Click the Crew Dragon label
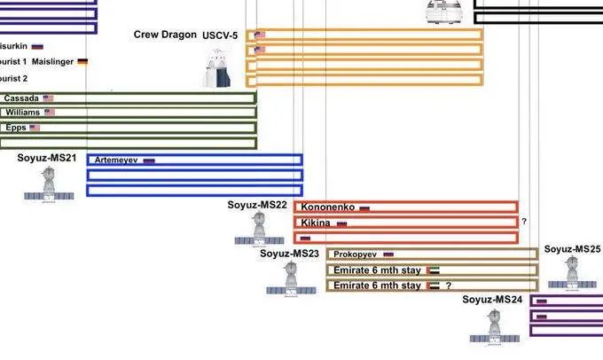click(x=165, y=35)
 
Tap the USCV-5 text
click(x=222, y=36)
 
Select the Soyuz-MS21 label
click(x=46, y=158)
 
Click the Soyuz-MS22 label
click(x=257, y=205)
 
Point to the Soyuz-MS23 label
click(x=289, y=254)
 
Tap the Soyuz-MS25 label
click(x=572, y=249)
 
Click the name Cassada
click(x=21, y=98)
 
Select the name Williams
click(x=23, y=113)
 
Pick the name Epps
click(x=16, y=128)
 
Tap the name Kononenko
click(x=328, y=207)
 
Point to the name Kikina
click(x=317, y=223)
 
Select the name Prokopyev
click(x=356, y=254)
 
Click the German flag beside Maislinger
click(x=82, y=62)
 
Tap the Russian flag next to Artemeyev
click(x=149, y=161)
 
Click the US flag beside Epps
click(x=35, y=128)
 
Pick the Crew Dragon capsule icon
click(x=213, y=69)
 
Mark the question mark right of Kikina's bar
click(x=525, y=222)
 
